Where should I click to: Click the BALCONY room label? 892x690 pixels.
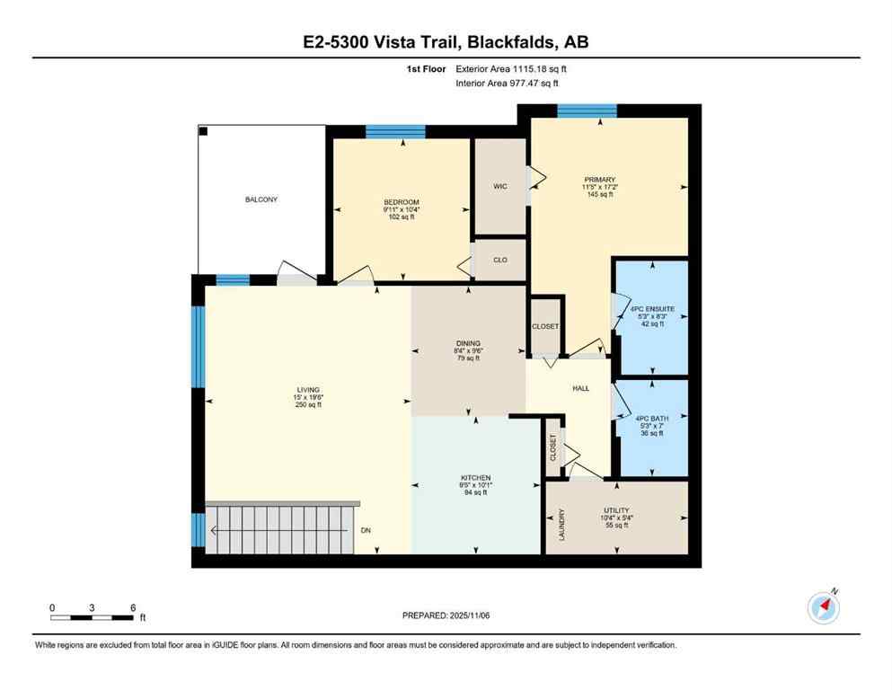261,199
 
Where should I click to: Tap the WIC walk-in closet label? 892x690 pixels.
500,186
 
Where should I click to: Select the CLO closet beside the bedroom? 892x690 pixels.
500,261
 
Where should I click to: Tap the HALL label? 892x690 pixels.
581,388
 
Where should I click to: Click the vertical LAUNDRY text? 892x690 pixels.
562,526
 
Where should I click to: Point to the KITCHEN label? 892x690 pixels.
475,477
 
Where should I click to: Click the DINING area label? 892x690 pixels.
468,342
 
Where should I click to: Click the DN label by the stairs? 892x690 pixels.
366,531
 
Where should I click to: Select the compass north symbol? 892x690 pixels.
824,608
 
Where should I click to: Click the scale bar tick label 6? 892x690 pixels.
133,607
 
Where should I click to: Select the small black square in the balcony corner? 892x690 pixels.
204,132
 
